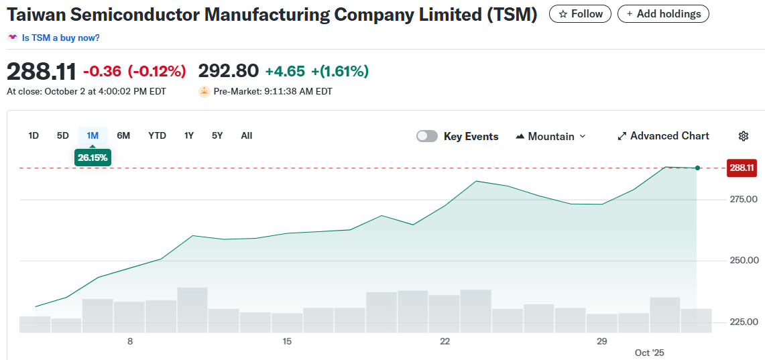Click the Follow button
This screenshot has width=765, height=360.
coord(580,13)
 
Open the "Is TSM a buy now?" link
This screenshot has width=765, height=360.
coord(60,38)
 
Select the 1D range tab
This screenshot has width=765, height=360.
coord(34,135)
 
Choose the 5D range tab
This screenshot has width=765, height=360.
coord(63,135)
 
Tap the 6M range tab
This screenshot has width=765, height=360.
coord(123,135)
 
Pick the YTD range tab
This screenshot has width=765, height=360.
coord(157,135)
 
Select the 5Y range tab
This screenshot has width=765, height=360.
coord(217,135)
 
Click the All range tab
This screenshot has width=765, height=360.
coord(247,135)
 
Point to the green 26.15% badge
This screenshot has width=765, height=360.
coord(93,158)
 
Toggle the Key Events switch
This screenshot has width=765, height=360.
coord(427,136)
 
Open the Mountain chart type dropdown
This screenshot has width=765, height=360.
coord(550,136)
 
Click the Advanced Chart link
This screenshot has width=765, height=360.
coord(663,136)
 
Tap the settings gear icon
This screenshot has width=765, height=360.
coord(743,136)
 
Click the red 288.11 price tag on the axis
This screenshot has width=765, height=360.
coord(742,168)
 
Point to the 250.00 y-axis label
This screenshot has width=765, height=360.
coord(743,260)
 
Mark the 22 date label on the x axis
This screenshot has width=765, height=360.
coord(445,341)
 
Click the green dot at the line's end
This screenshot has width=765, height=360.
coord(698,168)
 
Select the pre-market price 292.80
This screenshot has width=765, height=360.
coord(228,71)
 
